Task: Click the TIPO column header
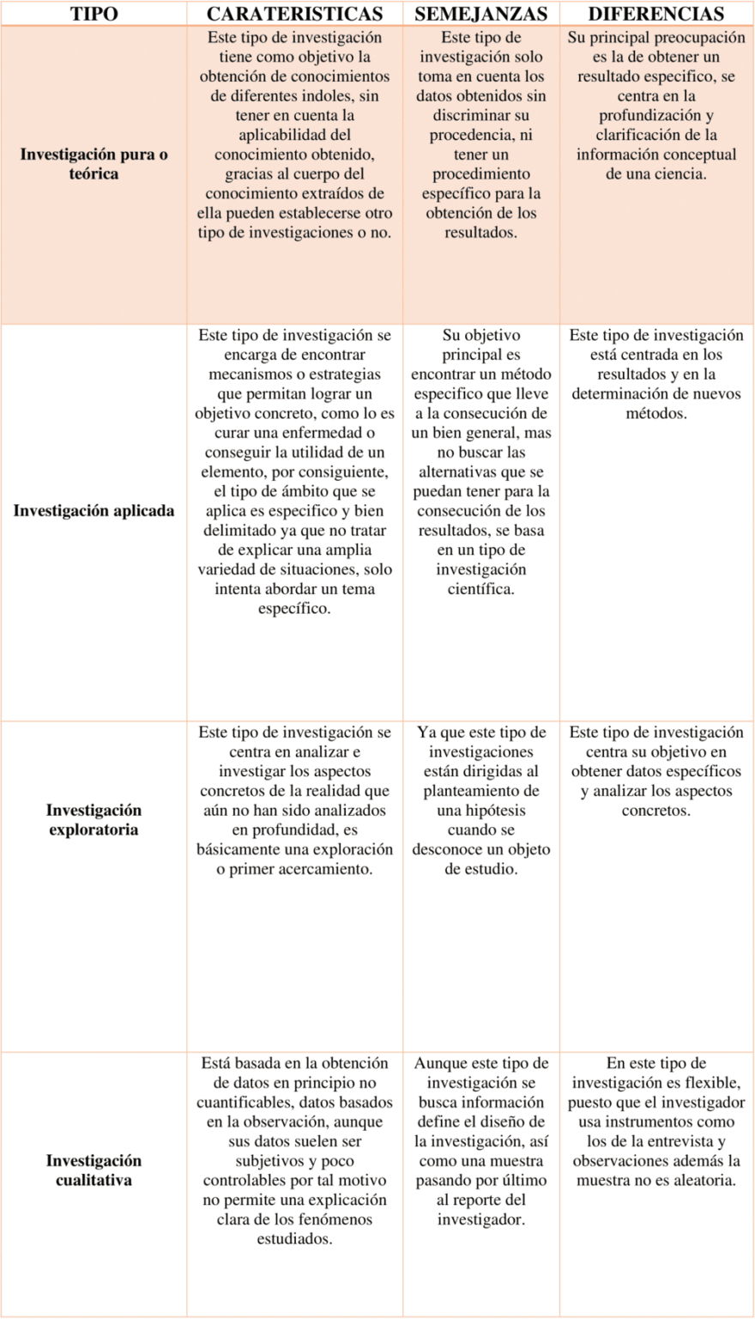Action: pos(94,14)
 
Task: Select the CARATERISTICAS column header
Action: pos(294,14)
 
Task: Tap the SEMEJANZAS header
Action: pos(480,14)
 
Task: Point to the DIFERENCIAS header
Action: pos(655,14)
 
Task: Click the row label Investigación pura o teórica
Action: pos(94,164)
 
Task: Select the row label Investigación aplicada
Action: pos(94,511)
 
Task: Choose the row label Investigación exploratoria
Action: pos(94,820)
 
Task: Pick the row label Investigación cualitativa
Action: pos(94,1170)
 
